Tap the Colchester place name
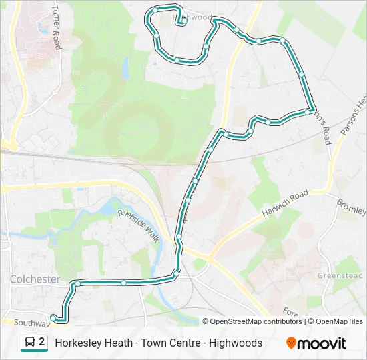(35, 279)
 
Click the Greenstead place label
(340, 275)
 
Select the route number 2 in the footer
(42, 343)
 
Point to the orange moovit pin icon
(291, 343)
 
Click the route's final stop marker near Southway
(54, 318)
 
